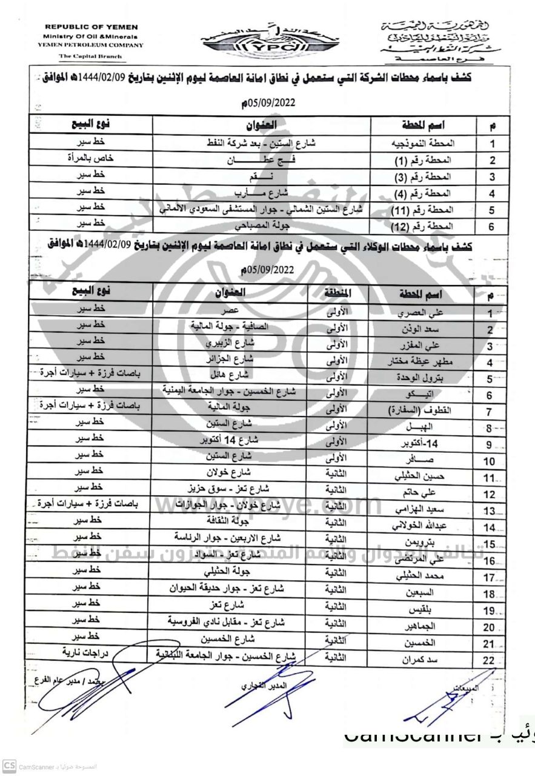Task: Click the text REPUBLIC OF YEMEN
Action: tap(91, 27)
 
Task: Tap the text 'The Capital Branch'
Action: tap(90, 56)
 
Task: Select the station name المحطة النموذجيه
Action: tap(428, 144)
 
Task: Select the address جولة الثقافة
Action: tap(230, 521)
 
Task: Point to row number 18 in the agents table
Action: tap(489, 594)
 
